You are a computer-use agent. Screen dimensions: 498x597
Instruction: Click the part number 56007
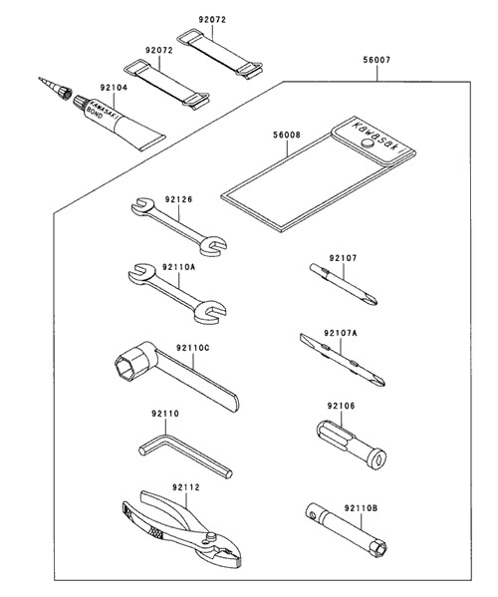tap(376, 60)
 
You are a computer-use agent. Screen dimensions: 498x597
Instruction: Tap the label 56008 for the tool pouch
tap(287, 135)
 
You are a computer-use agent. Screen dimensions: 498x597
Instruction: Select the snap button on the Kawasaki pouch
tap(368, 143)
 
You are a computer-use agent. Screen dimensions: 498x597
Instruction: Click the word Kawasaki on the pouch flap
tap(377, 138)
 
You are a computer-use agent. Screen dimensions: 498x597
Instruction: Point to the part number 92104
tap(114, 88)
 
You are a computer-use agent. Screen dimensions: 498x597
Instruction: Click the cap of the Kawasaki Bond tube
tap(81, 102)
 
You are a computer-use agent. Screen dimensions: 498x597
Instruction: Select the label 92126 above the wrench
tap(179, 199)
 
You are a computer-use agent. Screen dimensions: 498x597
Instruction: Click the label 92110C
tap(192, 348)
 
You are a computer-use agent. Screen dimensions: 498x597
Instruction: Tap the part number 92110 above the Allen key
tap(165, 414)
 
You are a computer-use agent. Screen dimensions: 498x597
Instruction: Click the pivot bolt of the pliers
tap(209, 536)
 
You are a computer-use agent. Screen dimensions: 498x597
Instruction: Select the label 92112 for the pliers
tap(185, 487)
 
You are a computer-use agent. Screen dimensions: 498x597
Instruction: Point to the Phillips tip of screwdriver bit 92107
tap(373, 300)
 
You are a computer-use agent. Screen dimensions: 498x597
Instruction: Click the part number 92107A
tap(341, 333)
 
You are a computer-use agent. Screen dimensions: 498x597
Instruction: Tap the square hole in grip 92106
tap(377, 460)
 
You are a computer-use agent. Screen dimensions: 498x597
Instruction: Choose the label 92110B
tap(361, 508)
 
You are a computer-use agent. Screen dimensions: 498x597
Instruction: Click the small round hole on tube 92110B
tap(313, 516)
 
